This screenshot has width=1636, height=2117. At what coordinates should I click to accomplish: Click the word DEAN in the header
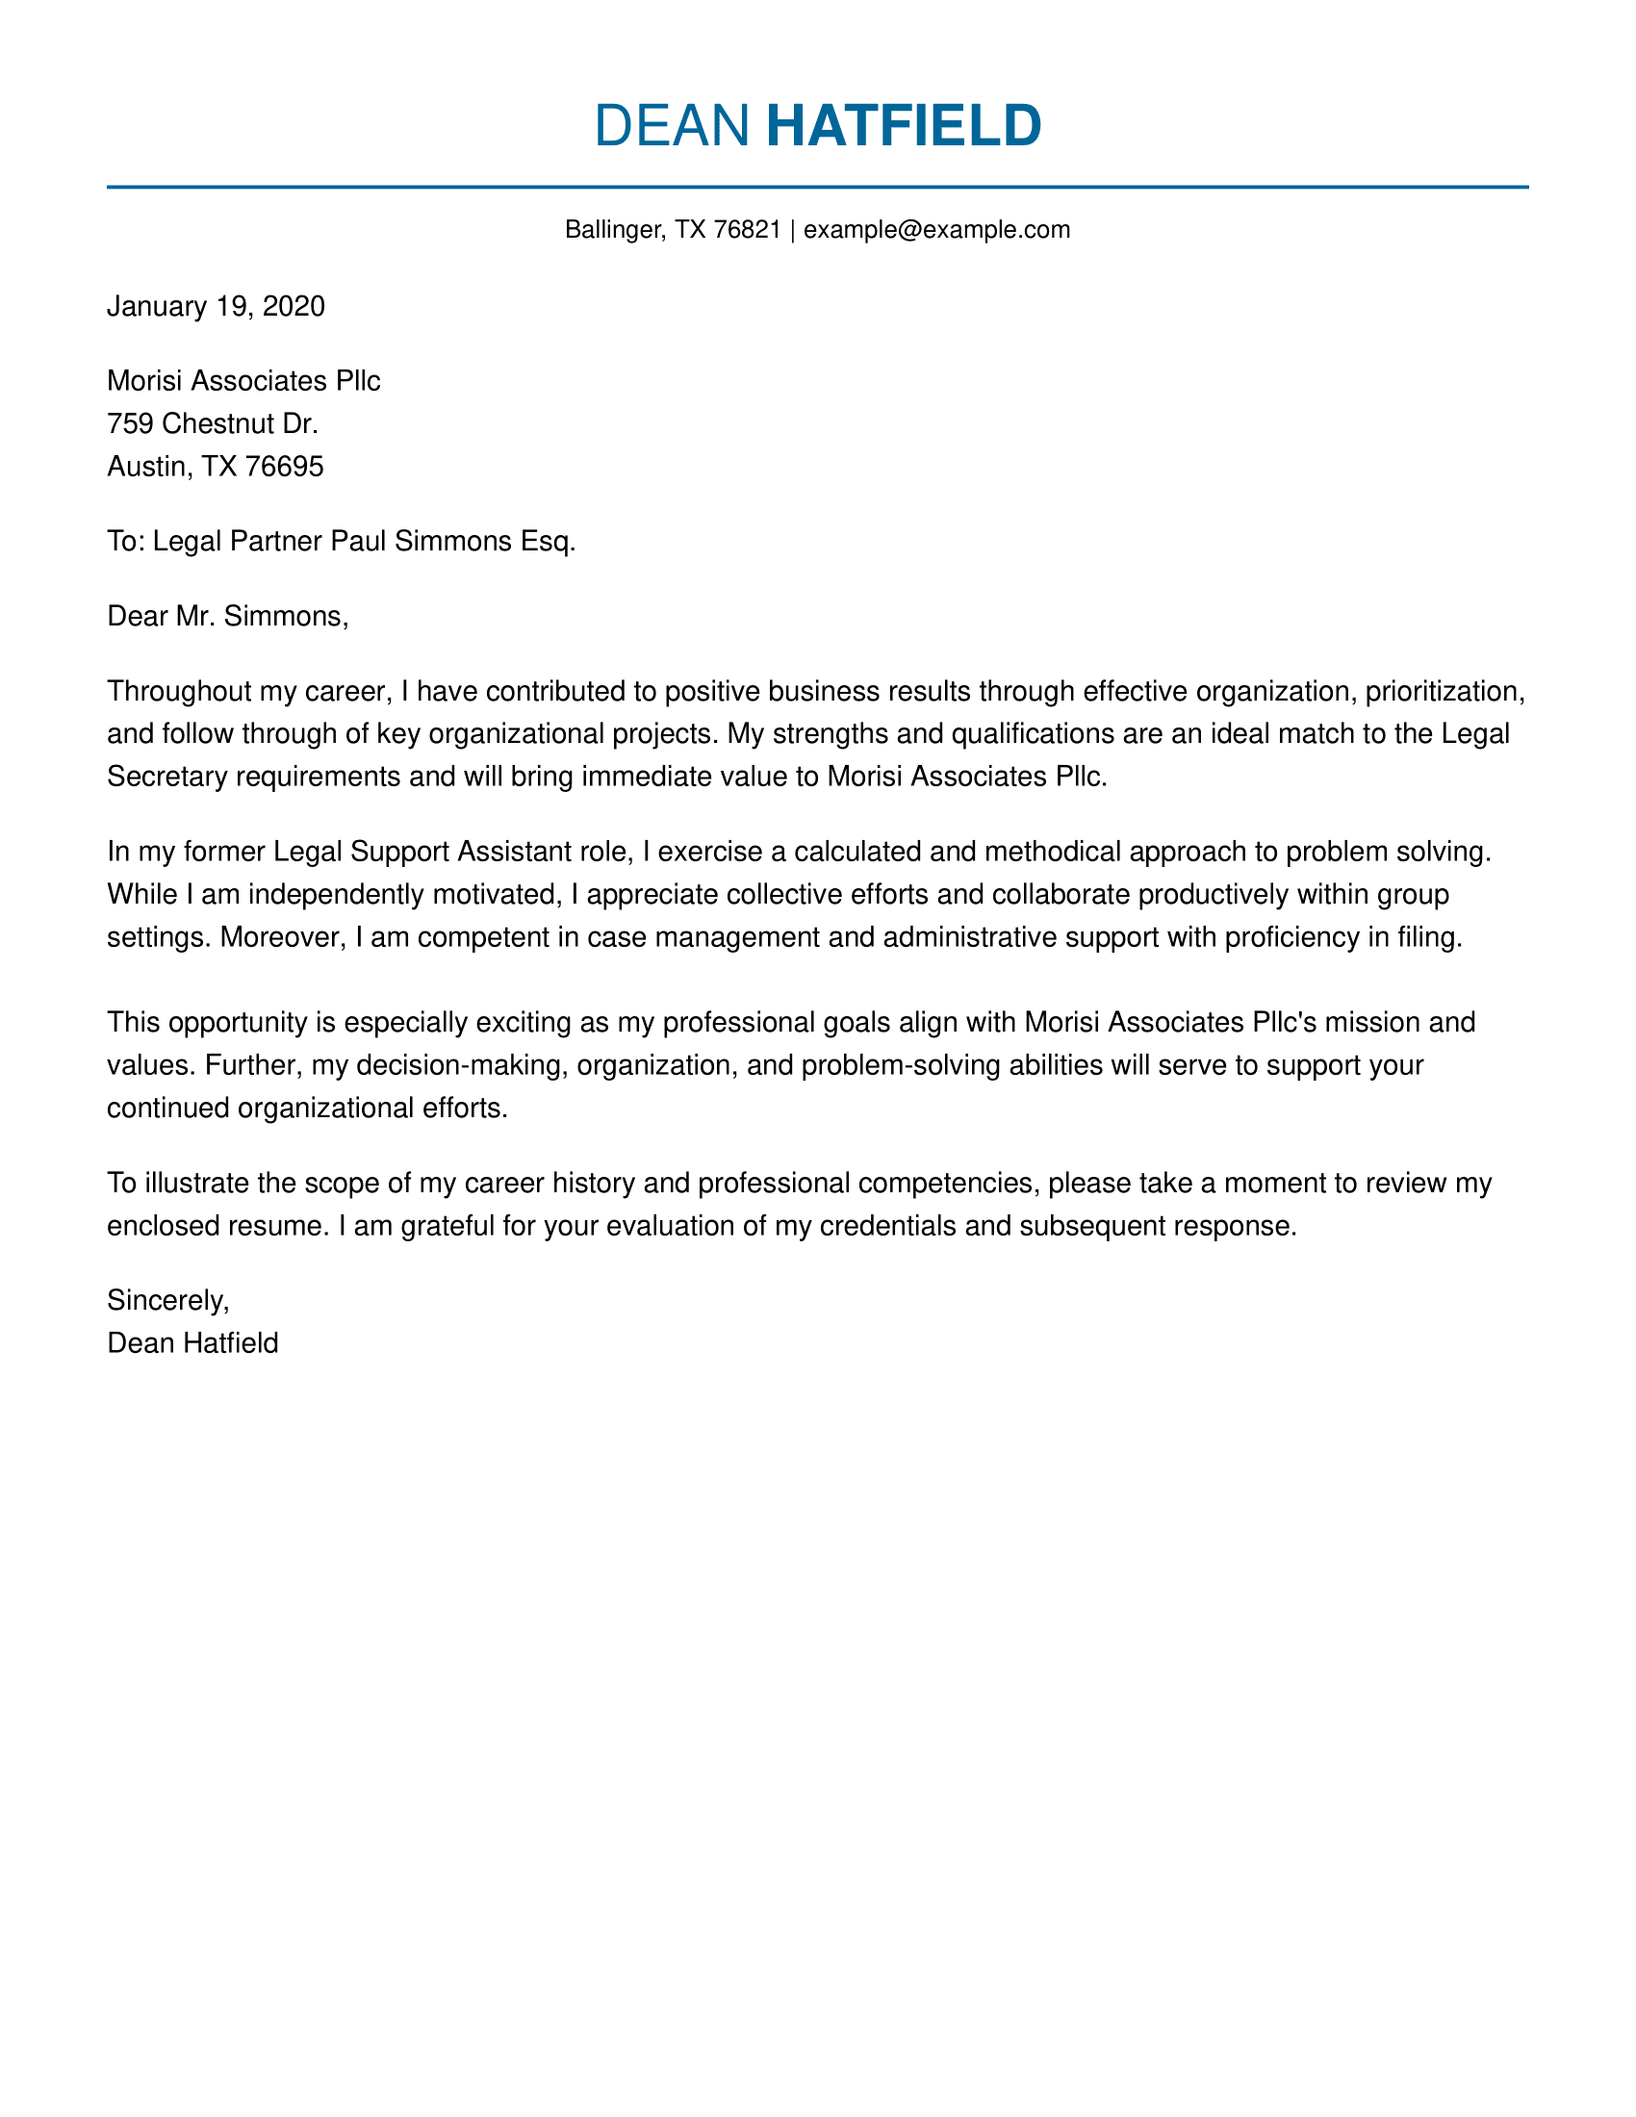click(672, 125)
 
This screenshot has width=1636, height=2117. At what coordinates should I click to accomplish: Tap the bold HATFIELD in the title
click(904, 125)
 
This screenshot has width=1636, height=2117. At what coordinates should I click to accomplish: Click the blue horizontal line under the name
click(817, 187)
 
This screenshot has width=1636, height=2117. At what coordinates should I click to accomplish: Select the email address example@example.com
click(936, 230)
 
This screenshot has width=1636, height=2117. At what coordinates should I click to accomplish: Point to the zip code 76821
click(747, 230)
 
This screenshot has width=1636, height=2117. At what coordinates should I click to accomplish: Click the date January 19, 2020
click(217, 306)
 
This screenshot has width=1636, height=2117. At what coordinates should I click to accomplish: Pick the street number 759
click(131, 423)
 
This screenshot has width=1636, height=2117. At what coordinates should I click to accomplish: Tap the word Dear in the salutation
click(138, 616)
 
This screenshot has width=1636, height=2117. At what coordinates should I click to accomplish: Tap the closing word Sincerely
click(167, 1300)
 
